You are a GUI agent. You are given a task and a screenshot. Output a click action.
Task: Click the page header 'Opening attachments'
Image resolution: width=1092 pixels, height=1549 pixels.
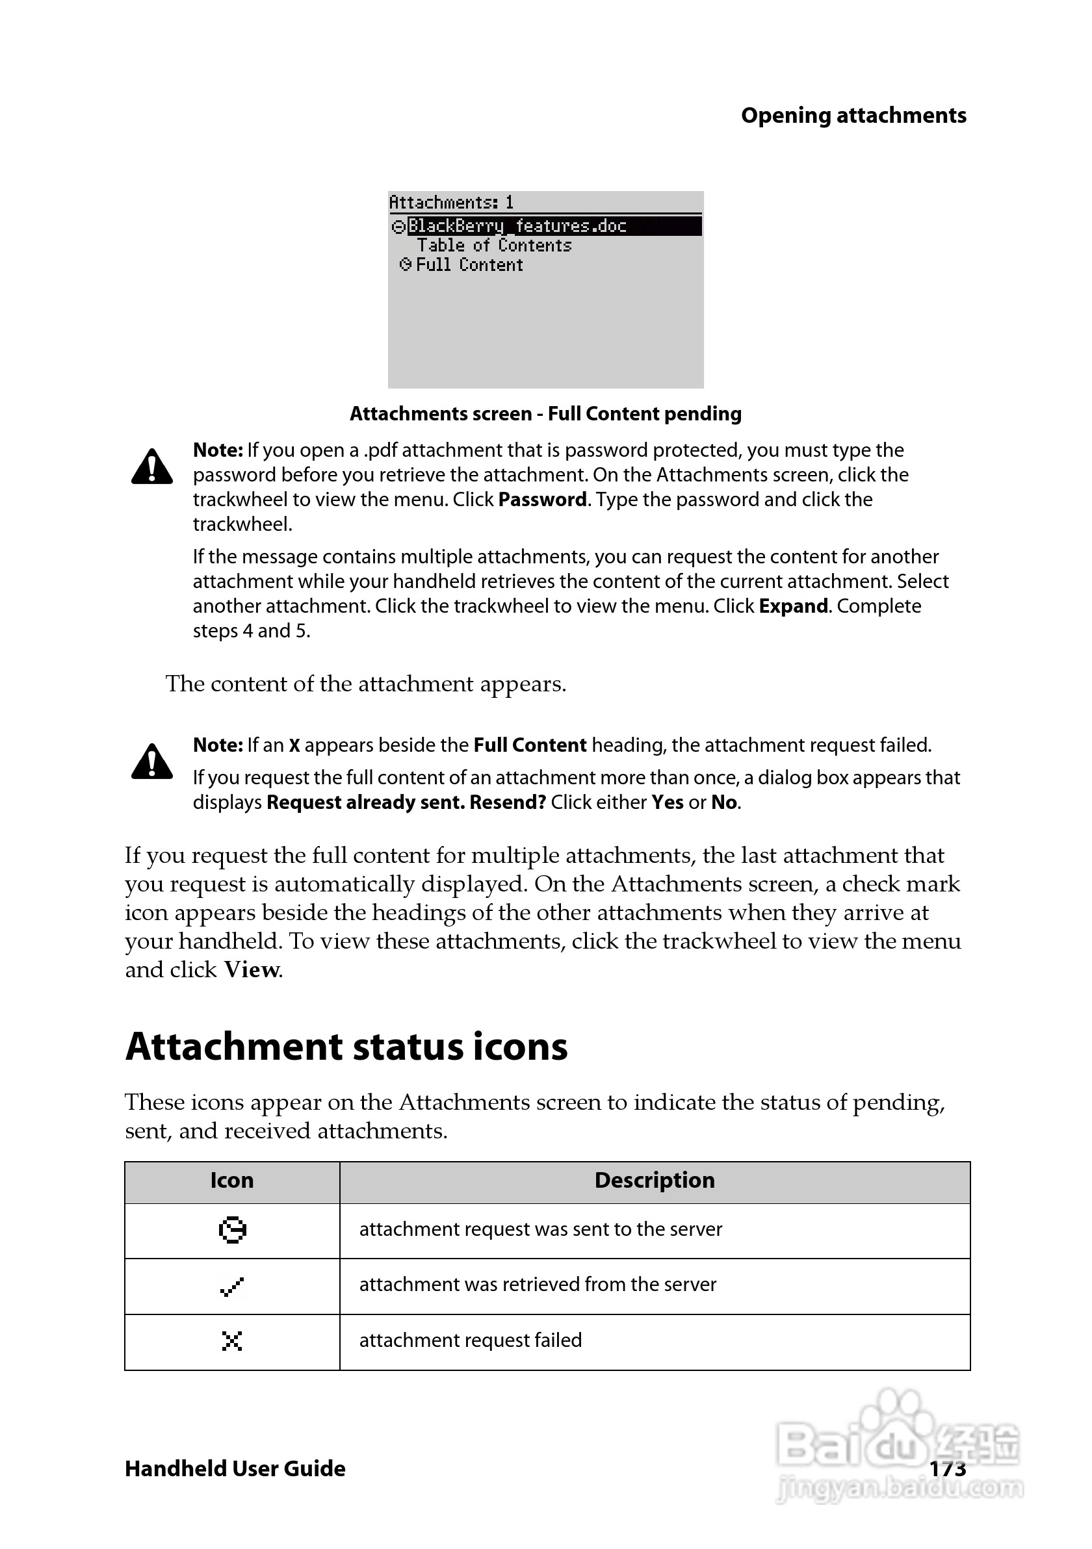point(853,116)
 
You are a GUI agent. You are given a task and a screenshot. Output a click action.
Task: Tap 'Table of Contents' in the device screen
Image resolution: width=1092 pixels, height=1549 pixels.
point(494,246)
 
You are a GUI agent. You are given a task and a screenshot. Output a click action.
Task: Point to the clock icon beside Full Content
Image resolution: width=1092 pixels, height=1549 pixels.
point(405,264)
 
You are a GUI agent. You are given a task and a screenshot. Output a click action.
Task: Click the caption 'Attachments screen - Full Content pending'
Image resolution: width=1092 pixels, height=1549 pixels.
point(545,413)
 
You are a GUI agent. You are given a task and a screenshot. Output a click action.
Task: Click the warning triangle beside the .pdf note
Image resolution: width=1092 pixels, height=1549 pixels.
point(152,467)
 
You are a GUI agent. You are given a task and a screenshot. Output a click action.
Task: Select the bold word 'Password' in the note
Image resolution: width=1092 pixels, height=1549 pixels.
point(543,500)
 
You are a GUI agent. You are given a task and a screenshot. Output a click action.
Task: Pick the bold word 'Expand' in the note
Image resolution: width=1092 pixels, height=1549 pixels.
point(793,606)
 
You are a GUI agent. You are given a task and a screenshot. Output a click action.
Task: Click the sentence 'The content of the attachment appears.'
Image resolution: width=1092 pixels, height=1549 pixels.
point(366,684)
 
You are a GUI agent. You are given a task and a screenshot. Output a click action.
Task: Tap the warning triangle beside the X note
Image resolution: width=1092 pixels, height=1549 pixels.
point(152,762)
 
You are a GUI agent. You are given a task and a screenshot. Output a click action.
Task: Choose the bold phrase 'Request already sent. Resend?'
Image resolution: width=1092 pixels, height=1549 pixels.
point(406,803)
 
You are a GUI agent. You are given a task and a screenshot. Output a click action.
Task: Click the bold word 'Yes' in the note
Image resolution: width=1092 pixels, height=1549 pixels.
point(667,803)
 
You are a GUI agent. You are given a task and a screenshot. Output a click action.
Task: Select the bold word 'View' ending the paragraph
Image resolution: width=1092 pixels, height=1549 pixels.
point(252,970)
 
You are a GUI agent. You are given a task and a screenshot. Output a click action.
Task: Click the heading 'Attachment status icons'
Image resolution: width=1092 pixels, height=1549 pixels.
point(346,1047)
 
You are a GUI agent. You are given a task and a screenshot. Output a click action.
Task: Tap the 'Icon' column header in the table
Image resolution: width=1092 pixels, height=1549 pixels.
point(231,1180)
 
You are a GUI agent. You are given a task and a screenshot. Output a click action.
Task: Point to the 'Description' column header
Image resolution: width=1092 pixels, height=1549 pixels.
point(654,1180)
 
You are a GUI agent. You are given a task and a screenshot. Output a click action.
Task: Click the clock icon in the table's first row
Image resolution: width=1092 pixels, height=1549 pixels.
point(232,1230)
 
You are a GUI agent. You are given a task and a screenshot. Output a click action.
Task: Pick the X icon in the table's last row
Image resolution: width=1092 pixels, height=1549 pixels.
point(231,1341)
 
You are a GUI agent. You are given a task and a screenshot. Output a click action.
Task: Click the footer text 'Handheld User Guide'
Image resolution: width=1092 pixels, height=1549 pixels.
point(235,1468)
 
